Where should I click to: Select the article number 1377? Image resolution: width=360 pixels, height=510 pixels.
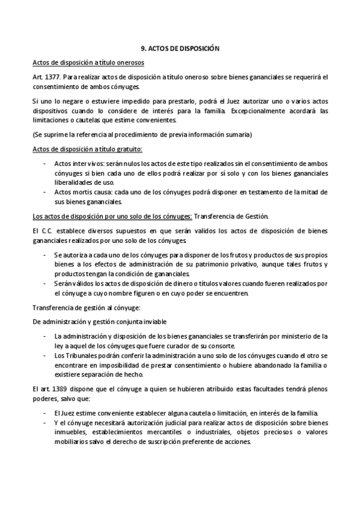[52, 78]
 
